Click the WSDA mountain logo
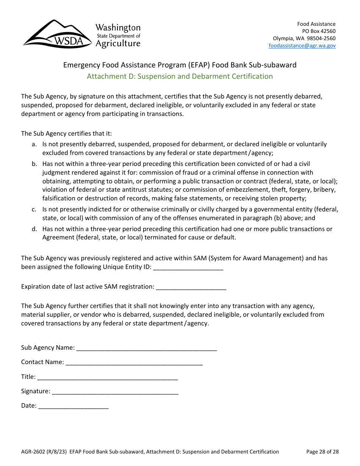(57, 35)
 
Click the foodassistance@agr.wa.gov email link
(302, 45)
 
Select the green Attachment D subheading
(180, 76)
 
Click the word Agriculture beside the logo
(118, 44)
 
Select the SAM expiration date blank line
(191, 287)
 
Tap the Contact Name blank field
(134, 362)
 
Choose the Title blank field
(107, 377)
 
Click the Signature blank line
(115, 391)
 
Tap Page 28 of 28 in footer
(322, 452)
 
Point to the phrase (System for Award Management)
(256, 258)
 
